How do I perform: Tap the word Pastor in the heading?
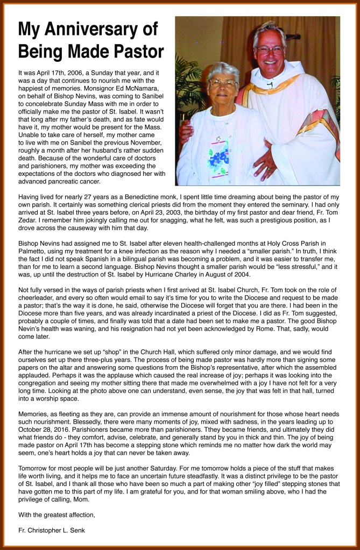point(137,52)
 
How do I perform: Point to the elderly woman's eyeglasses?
point(222,83)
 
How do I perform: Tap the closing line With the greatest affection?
point(57,515)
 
